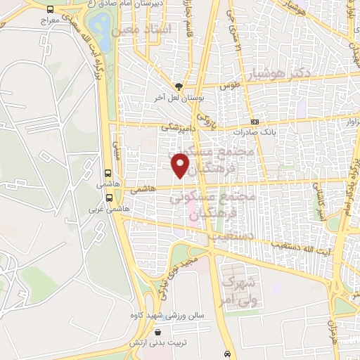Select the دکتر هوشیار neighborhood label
pos(299,73)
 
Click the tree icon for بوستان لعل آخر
pos(180,86)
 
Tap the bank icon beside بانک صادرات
pos(255,122)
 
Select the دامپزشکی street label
pos(176,127)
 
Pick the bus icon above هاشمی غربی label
pos(107,173)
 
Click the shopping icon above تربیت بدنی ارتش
pos(158,332)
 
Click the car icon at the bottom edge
pos(226,353)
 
